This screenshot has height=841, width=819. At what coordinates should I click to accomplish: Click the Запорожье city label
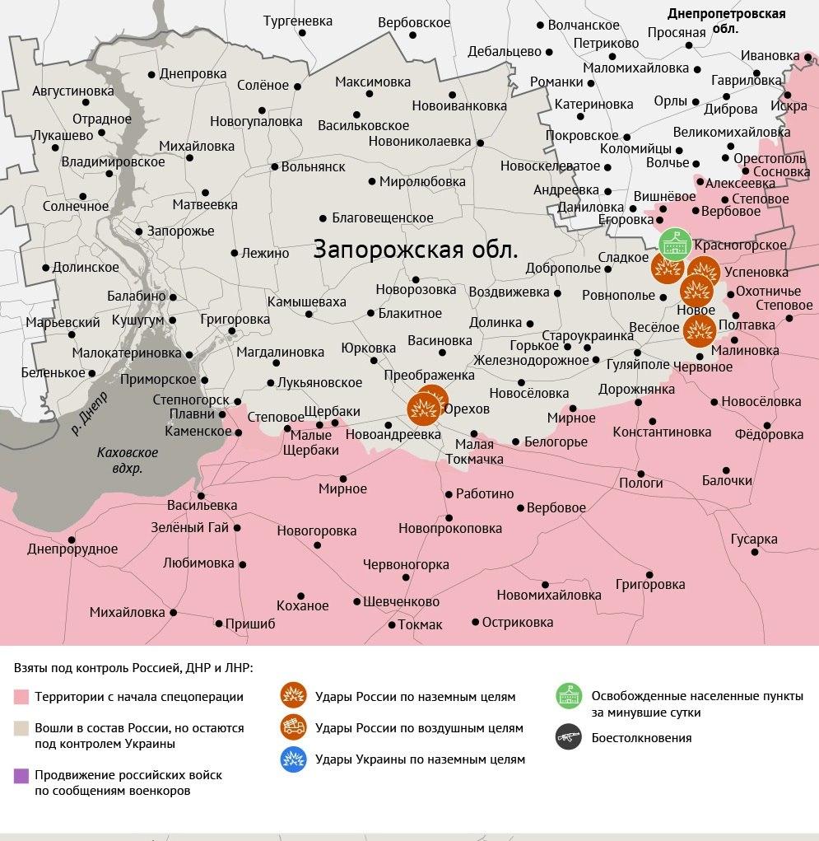click(180, 231)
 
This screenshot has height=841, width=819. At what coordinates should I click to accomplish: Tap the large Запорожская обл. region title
click(416, 250)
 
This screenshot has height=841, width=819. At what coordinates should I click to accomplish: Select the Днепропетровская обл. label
click(726, 21)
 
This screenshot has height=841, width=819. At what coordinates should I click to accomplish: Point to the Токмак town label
click(420, 625)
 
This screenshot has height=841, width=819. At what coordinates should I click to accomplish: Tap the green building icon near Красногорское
click(675, 244)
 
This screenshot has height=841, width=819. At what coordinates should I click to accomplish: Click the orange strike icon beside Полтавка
click(700, 329)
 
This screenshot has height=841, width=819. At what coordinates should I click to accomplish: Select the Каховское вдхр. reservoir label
click(127, 460)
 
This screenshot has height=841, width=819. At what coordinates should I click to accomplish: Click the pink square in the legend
click(21, 698)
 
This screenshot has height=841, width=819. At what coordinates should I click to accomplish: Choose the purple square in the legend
click(21, 775)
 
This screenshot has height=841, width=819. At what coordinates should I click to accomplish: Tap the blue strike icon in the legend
click(293, 759)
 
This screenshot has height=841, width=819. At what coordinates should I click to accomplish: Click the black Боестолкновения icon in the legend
click(569, 738)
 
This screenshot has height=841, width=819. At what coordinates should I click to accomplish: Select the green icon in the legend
click(569, 697)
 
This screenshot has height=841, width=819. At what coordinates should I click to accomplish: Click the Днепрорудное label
click(72, 549)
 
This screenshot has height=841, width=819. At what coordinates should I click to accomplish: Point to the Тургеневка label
click(297, 21)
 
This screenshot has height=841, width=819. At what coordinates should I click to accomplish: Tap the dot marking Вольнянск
click(275, 166)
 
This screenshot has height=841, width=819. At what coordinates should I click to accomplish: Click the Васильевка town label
click(202, 505)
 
